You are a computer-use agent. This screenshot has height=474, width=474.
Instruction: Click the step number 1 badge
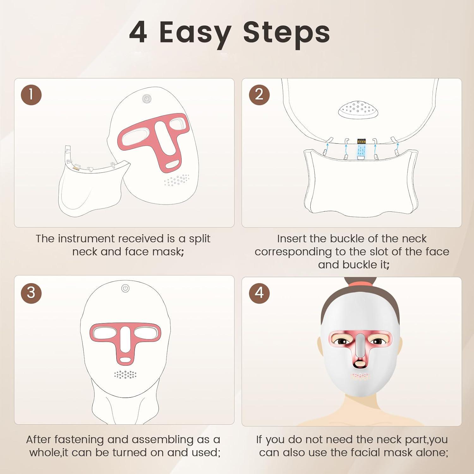[31, 95]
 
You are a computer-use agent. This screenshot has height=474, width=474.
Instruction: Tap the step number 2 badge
[259, 94]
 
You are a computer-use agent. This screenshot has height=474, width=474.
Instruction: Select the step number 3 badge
[31, 293]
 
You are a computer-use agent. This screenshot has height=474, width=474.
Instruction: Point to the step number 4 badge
[259, 293]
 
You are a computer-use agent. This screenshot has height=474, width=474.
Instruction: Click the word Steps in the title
[286, 33]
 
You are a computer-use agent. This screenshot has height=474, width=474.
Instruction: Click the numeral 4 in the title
[138, 33]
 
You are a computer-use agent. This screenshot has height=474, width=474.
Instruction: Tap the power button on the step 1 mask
[146, 99]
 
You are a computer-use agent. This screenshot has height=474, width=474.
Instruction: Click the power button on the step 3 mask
[125, 288]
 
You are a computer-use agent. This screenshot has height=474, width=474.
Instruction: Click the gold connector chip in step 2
[361, 141]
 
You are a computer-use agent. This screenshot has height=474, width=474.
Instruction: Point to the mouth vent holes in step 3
[125, 374]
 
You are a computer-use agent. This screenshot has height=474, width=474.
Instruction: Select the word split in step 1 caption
[199, 239]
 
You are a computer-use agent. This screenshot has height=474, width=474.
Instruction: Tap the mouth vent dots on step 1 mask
[177, 180]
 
